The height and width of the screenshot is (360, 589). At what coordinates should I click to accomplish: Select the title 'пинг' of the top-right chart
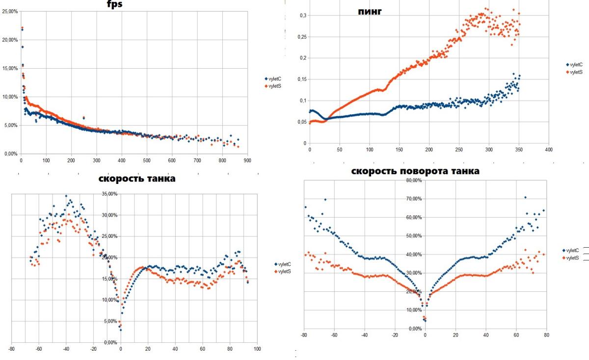[x=370, y=11]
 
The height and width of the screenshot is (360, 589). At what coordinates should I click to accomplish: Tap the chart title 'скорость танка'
[x=137, y=179]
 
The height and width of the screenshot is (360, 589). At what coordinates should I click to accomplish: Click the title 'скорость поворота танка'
[x=415, y=171]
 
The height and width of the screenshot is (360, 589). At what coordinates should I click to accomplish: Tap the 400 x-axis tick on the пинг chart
[x=549, y=149]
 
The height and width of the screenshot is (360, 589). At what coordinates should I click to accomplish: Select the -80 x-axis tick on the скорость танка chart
[x=12, y=349]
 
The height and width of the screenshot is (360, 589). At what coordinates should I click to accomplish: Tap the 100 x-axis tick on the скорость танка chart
[x=256, y=349]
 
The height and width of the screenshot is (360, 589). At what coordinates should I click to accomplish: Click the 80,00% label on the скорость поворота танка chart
[x=415, y=180]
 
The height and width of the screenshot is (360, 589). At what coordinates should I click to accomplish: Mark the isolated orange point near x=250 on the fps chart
[x=83, y=118]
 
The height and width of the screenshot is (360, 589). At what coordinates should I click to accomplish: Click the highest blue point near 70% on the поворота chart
[x=525, y=198]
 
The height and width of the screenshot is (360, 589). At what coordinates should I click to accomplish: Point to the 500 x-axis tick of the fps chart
[x=147, y=160]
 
